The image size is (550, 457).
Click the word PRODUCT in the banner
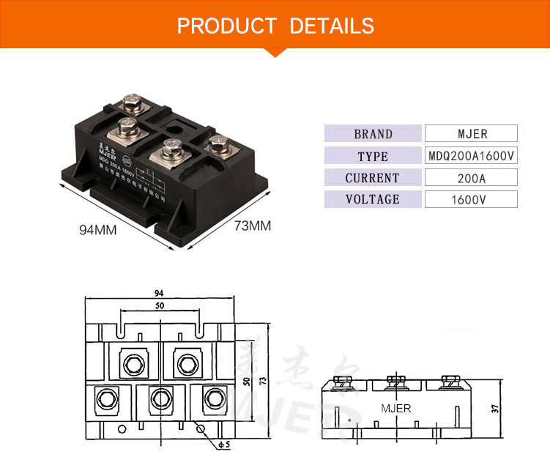coord(227,26)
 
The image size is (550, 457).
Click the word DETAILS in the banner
coord(332,26)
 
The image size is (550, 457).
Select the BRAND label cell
coord(373,134)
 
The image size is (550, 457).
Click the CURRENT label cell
coord(373,178)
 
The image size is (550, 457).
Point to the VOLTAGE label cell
coord(373,199)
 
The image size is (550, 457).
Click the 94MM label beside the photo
coord(98,230)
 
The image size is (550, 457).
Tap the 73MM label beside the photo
coord(252,226)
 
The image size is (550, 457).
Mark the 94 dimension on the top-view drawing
coord(159,292)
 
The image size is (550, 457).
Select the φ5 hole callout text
coord(225,444)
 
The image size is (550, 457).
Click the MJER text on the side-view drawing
coord(396,408)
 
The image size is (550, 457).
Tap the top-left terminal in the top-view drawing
coord(132,363)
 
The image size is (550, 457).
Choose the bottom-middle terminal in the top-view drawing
coord(159,398)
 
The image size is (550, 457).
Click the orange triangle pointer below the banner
coord(275,52)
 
